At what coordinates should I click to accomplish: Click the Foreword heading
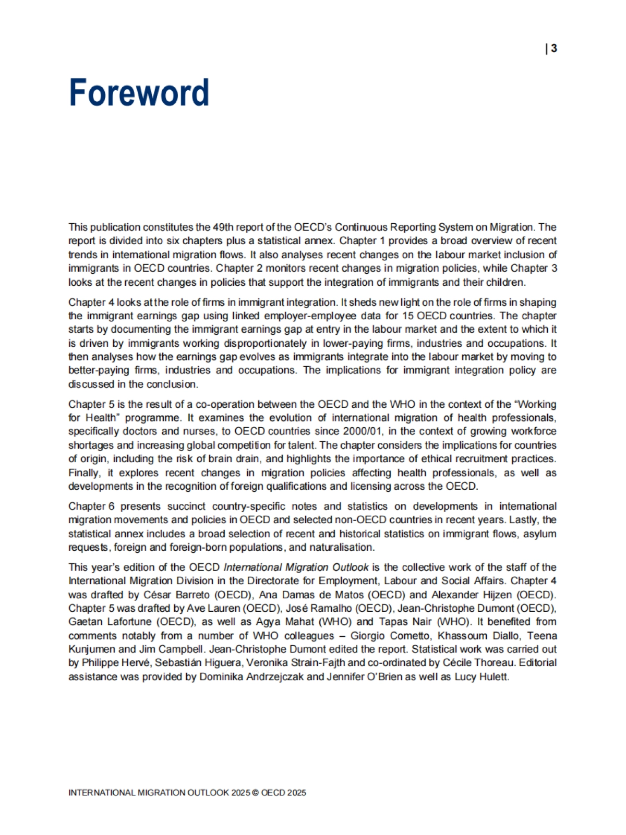tap(139, 93)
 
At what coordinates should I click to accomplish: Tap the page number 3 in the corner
tap(553, 49)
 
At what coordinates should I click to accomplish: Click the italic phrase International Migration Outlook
tap(296, 567)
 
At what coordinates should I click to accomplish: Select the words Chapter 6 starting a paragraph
tap(91, 506)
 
